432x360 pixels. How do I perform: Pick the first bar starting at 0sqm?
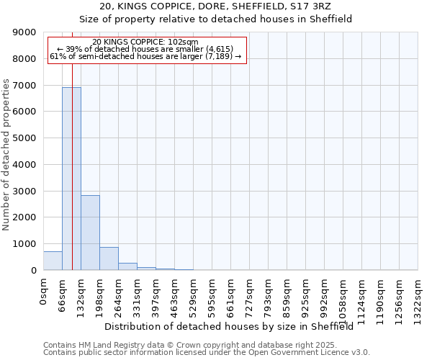(53, 261)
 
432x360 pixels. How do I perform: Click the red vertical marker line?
(73, 144)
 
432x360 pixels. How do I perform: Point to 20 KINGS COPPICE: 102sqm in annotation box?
(145, 42)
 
